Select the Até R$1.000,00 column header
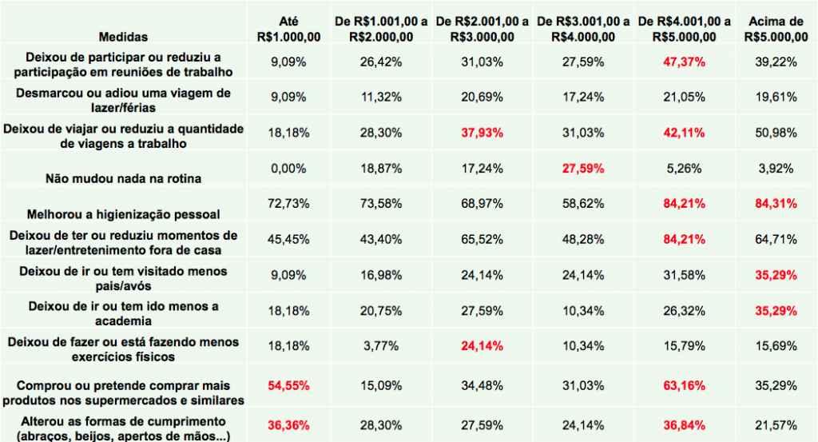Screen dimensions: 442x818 point(279,28)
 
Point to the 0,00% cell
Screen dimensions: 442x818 point(279,169)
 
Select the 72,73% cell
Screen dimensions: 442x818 point(279,203)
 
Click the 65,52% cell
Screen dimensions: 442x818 point(475,237)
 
